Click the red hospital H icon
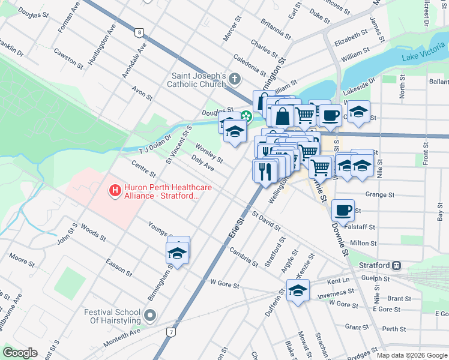pyautogui.click(x=115, y=191)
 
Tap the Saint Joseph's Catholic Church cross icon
pyautogui.click(x=235, y=79)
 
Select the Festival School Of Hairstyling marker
pyautogui.click(x=151, y=315)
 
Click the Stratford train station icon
pyautogui.click(x=397, y=265)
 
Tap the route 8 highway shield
pyautogui.click(x=140, y=32)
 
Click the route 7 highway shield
pyautogui.click(x=172, y=332)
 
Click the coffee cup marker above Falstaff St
pyautogui.click(x=342, y=209)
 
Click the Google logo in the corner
pyautogui.click(x=20, y=353)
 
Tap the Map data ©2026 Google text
pyautogui.click(x=412, y=355)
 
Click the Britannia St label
pyautogui.click(x=276, y=29)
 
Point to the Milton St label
pyautogui.click(x=363, y=243)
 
